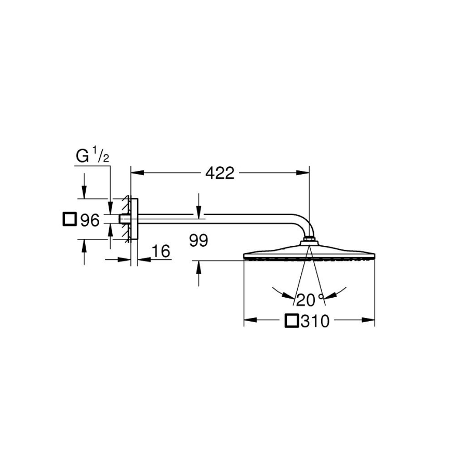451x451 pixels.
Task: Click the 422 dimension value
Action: coord(219,173)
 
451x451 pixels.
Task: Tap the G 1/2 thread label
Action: coord(92,156)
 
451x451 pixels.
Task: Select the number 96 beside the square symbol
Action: coord(89,221)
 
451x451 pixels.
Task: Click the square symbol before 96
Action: coord(69,220)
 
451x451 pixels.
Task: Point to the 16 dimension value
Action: coord(162,252)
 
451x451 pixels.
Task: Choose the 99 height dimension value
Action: coord(198,241)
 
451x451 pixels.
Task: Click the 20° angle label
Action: coord(310,299)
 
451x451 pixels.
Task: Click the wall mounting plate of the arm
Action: coord(134,219)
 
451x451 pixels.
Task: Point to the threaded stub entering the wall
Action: coord(125,219)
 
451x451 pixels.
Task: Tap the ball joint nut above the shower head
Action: coord(309,241)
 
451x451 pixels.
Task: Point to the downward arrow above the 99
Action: coord(198,210)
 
